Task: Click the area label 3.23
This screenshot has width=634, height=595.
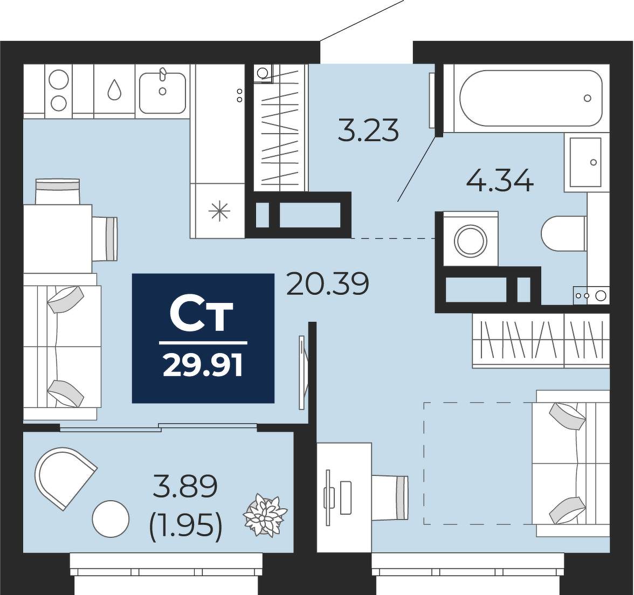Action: tap(368, 130)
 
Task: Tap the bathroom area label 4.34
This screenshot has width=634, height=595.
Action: tap(500, 180)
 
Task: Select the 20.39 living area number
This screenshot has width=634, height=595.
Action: tap(328, 283)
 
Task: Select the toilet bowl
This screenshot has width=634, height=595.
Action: tap(564, 234)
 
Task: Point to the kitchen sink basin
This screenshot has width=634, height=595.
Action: tap(163, 93)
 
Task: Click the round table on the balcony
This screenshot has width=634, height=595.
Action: tap(111, 518)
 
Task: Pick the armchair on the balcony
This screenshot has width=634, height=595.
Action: tap(65, 477)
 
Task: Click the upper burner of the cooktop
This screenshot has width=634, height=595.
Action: tap(58, 79)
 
